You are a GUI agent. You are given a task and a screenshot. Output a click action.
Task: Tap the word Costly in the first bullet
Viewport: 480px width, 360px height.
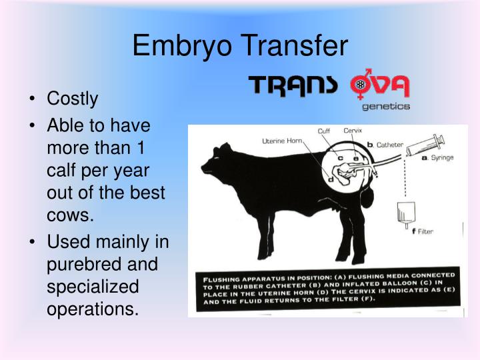[72, 99]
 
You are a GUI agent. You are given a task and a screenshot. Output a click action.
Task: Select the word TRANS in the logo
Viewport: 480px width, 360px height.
[294, 87]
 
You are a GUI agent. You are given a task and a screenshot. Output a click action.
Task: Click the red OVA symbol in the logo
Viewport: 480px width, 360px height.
[380, 85]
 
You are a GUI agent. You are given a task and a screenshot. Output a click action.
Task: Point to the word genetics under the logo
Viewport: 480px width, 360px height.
[386, 106]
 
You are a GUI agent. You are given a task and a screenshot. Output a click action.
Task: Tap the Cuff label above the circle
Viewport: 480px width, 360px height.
[324, 131]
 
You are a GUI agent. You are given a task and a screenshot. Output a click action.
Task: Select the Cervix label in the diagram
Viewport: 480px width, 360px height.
[353, 131]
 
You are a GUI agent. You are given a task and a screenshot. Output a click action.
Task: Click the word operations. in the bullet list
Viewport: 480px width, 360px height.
[92, 309]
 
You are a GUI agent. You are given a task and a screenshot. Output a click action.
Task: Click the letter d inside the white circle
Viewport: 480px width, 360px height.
[330, 178]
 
